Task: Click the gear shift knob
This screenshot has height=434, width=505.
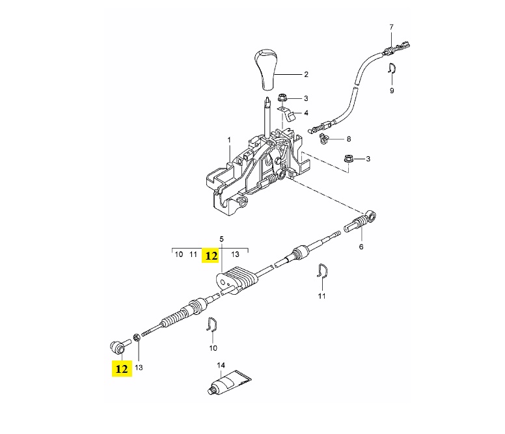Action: (266, 69)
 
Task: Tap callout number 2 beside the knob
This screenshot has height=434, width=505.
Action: (306, 74)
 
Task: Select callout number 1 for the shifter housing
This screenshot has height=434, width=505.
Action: (229, 140)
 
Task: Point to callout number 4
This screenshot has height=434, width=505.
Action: (306, 113)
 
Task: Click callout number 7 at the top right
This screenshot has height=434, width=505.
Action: (391, 27)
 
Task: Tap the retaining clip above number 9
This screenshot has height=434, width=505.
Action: (392, 68)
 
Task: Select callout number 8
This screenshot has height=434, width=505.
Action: (348, 139)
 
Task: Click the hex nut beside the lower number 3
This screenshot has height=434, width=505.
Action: (348, 159)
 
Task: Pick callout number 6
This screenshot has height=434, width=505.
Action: (361, 247)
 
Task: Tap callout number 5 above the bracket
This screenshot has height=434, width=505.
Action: (221, 239)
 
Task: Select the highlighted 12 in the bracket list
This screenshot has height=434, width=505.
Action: (212, 256)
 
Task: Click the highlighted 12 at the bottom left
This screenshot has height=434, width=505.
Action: (122, 369)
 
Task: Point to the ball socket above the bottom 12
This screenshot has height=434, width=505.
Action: (119, 347)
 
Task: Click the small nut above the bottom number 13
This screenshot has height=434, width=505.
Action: (136, 338)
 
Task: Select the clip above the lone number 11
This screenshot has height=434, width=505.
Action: (321, 271)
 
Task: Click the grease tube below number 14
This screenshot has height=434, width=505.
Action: (229, 383)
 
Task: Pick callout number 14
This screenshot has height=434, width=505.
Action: (221, 366)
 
